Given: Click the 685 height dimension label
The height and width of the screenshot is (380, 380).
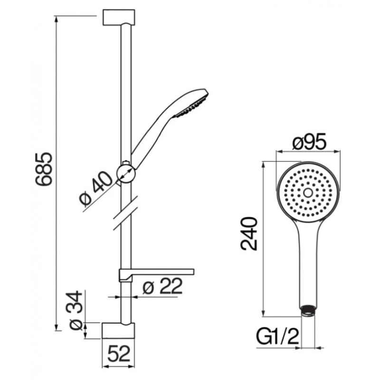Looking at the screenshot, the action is (x=44, y=169).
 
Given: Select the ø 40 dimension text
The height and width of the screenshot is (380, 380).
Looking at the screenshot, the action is (x=96, y=189).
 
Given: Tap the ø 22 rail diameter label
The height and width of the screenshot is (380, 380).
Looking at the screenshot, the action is (x=162, y=286).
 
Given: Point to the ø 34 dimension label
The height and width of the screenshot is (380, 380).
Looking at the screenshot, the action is (x=76, y=310).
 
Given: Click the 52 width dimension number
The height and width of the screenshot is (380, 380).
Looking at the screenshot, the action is (x=118, y=353).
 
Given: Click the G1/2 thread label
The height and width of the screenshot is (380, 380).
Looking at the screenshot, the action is (x=277, y=336).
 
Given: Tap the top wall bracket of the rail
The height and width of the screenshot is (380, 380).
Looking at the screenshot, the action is (x=119, y=18).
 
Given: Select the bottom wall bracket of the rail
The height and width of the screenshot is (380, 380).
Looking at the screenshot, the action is (x=118, y=331).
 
